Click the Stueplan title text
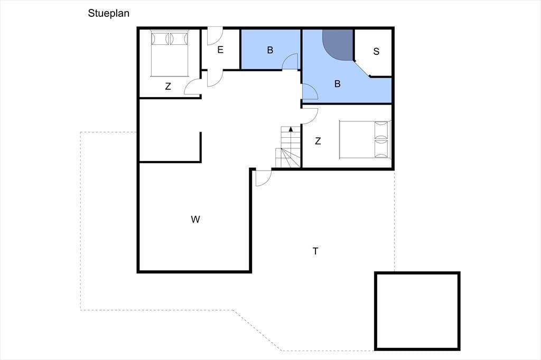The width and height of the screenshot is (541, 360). (x=108, y=13)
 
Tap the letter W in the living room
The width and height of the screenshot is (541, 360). (x=195, y=219)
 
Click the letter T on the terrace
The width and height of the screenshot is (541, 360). (x=315, y=251)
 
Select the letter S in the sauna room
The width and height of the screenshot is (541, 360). (x=376, y=51)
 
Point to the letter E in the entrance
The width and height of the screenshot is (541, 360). (x=220, y=50)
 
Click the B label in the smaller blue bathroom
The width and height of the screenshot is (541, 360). (x=270, y=50)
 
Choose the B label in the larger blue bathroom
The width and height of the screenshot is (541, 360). (x=338, y=83)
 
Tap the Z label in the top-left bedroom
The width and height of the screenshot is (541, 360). (x=168, y=86)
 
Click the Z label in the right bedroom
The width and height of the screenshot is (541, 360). (x=318, y=141)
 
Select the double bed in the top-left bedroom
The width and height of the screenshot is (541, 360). (x=170, y=53)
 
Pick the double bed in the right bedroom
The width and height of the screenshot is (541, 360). (x=365, y=139)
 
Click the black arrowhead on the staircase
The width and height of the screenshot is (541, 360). (x=291, y=129)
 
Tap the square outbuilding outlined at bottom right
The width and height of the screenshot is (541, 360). (x=417, y=311)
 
